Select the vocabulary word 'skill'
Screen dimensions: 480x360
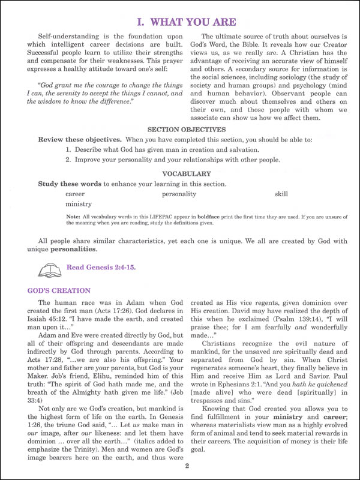[x=281, y=194]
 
